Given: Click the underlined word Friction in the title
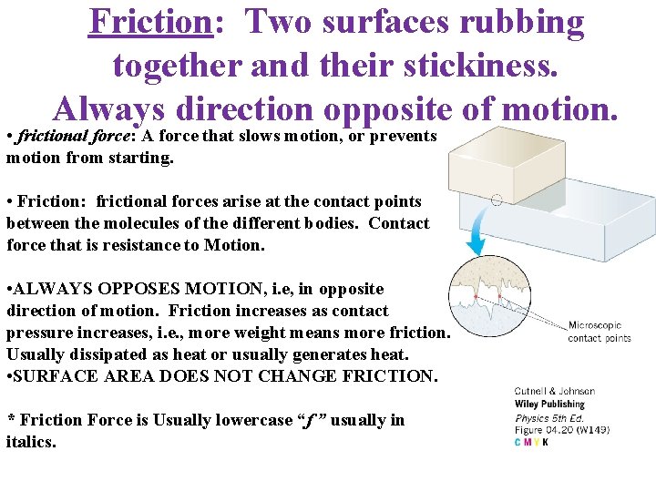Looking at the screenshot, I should [x=150, y=22].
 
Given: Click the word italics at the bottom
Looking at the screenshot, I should [x=31, y=442].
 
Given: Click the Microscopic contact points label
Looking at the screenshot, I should [x=599, y=332].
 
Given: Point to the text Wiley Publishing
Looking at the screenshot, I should [x=549, y=405].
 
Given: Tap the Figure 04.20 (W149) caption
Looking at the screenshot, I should [x=562, y=430].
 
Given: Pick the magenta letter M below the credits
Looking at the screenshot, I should [x=528, y=443].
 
